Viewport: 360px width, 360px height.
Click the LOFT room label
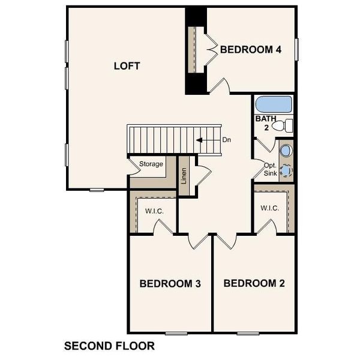(x=127, y=66)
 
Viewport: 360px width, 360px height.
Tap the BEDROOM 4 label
(x=251, y=50)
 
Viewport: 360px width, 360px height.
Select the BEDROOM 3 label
(x=170, y=283)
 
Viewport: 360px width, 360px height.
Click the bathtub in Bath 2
(x=273, y=104)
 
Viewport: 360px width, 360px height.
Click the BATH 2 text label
(x=266, y=123)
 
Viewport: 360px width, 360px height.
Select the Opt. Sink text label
(x=271, y=167)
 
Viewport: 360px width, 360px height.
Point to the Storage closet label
(x=151, y=164)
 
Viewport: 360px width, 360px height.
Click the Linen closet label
(x=185, y=176)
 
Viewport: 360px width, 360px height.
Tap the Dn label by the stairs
(x=227, y=140)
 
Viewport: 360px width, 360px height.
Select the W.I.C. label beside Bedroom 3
(x=154, y=211)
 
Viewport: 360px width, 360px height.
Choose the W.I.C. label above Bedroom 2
(x=270, y=208)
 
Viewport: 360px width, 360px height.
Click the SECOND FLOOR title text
(x=109, y=346)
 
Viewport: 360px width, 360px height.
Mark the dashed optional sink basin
(x=286, y=170)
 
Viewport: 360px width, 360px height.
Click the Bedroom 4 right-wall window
(x=296, y=49)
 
